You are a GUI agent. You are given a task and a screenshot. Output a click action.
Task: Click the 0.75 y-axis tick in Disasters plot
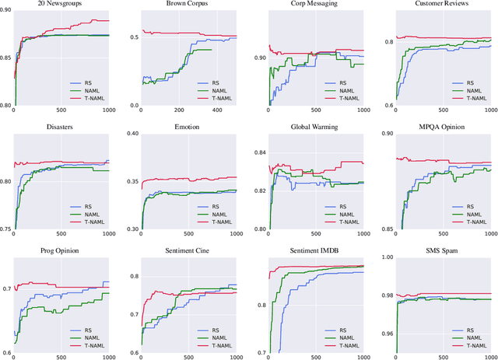pyautogui.click(x=6, y=229)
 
